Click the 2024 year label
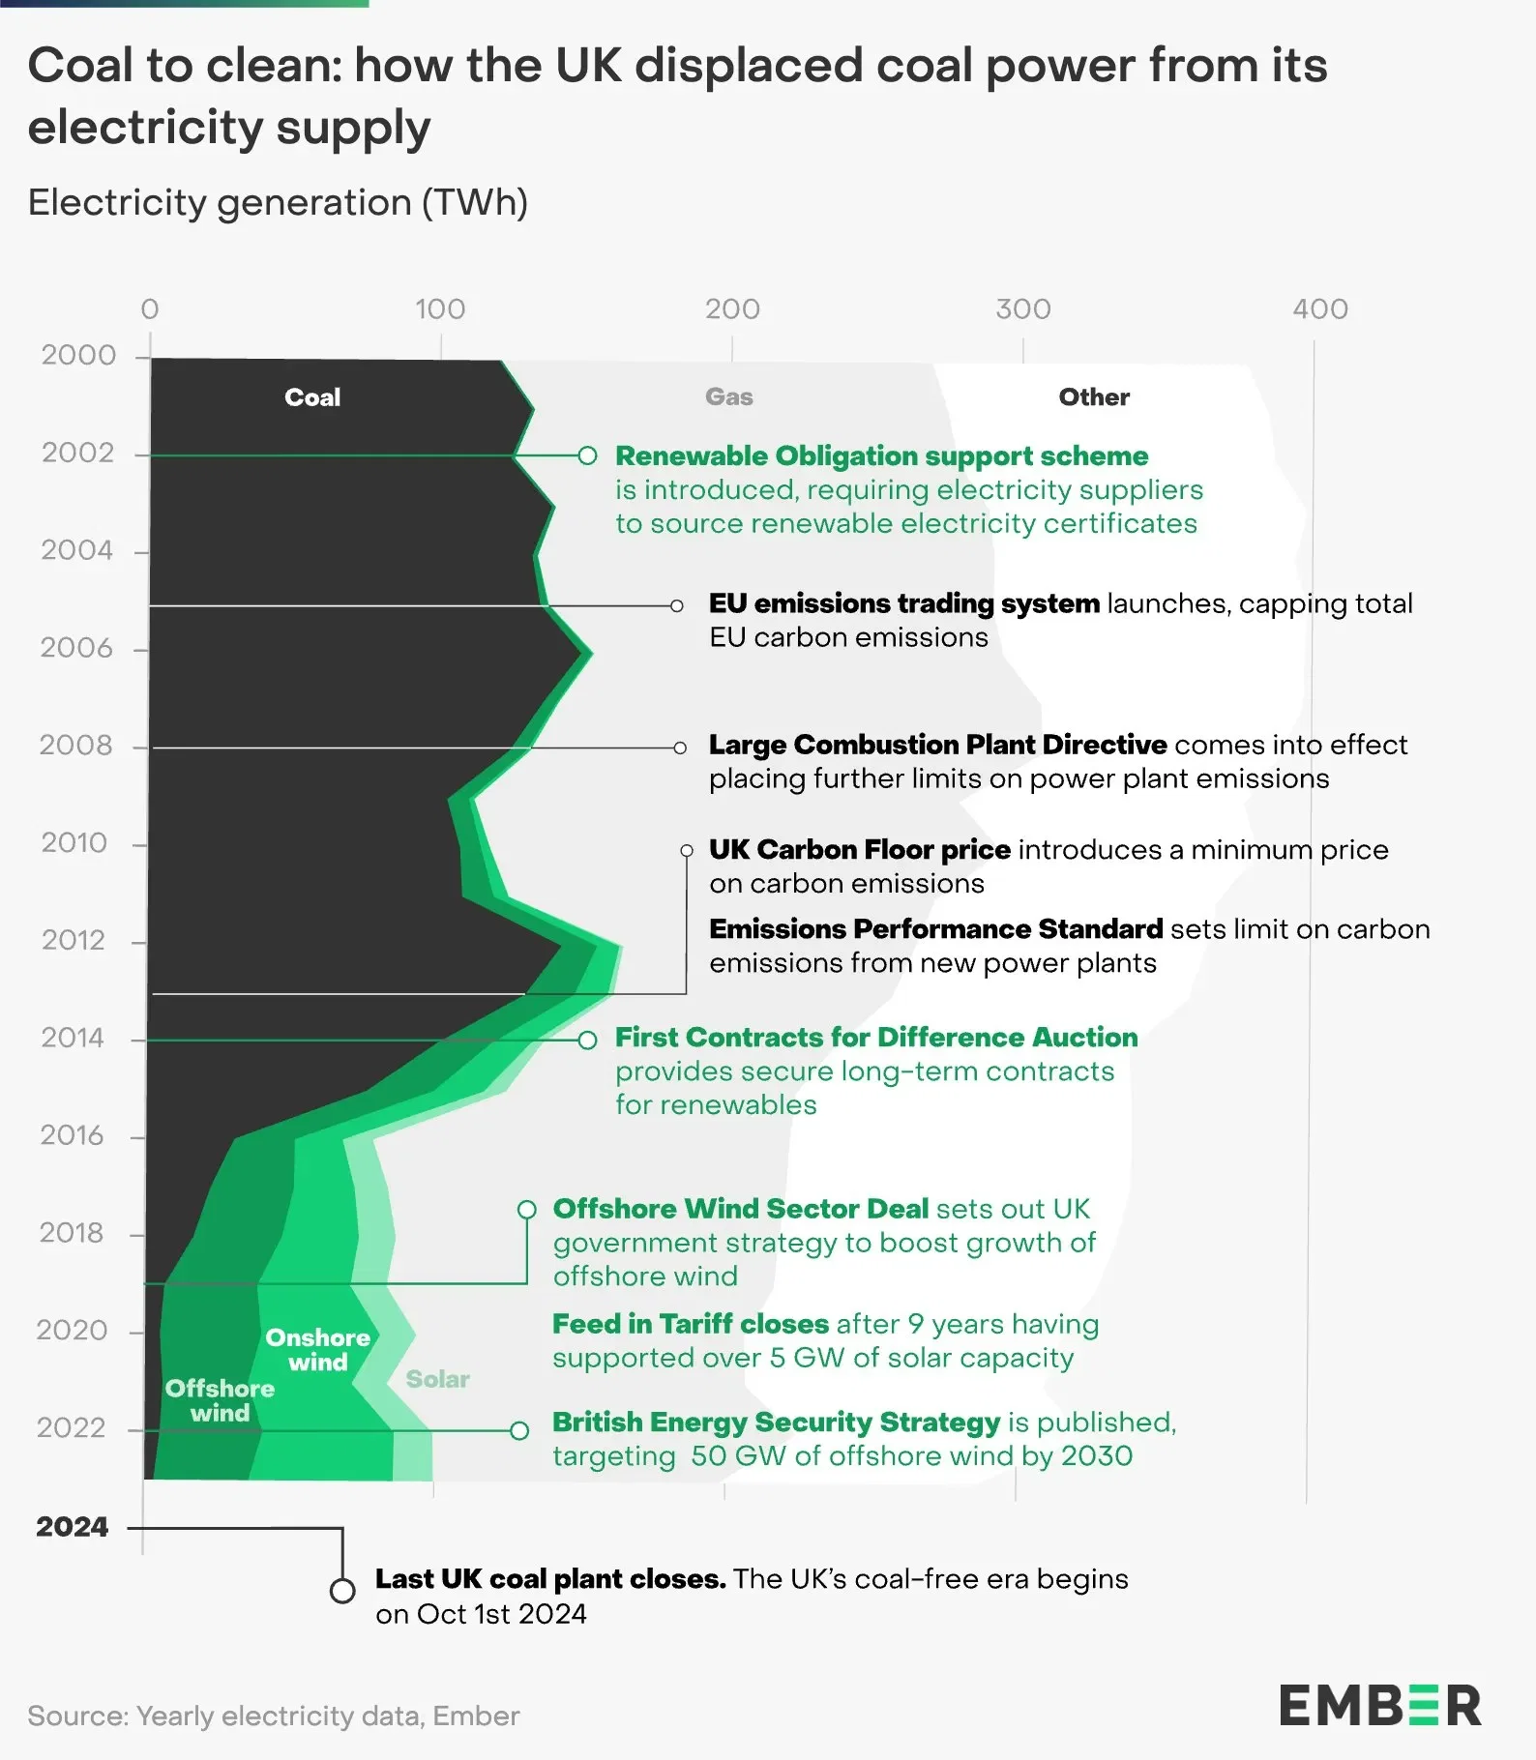point(73,1527)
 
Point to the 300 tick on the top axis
point(1022,309)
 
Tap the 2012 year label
point(73,940)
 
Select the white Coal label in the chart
point(312,397)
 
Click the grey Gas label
point(728,396)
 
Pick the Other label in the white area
point(1094,396)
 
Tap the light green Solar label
point(437,1379)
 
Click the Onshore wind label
point(318,1350)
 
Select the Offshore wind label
point(220,1400)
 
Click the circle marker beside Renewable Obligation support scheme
point(587,455)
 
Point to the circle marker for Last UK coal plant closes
point(341,1591)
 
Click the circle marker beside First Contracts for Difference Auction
point(587,1041)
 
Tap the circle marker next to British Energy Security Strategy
point(519,1430)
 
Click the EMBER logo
point(1380,1706)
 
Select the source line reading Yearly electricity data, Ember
point(274,1716)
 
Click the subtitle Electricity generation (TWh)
point(278,203)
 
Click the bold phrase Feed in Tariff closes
point(691,1324)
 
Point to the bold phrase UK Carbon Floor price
point(859,850)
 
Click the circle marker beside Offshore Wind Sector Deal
point(527,1210)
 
